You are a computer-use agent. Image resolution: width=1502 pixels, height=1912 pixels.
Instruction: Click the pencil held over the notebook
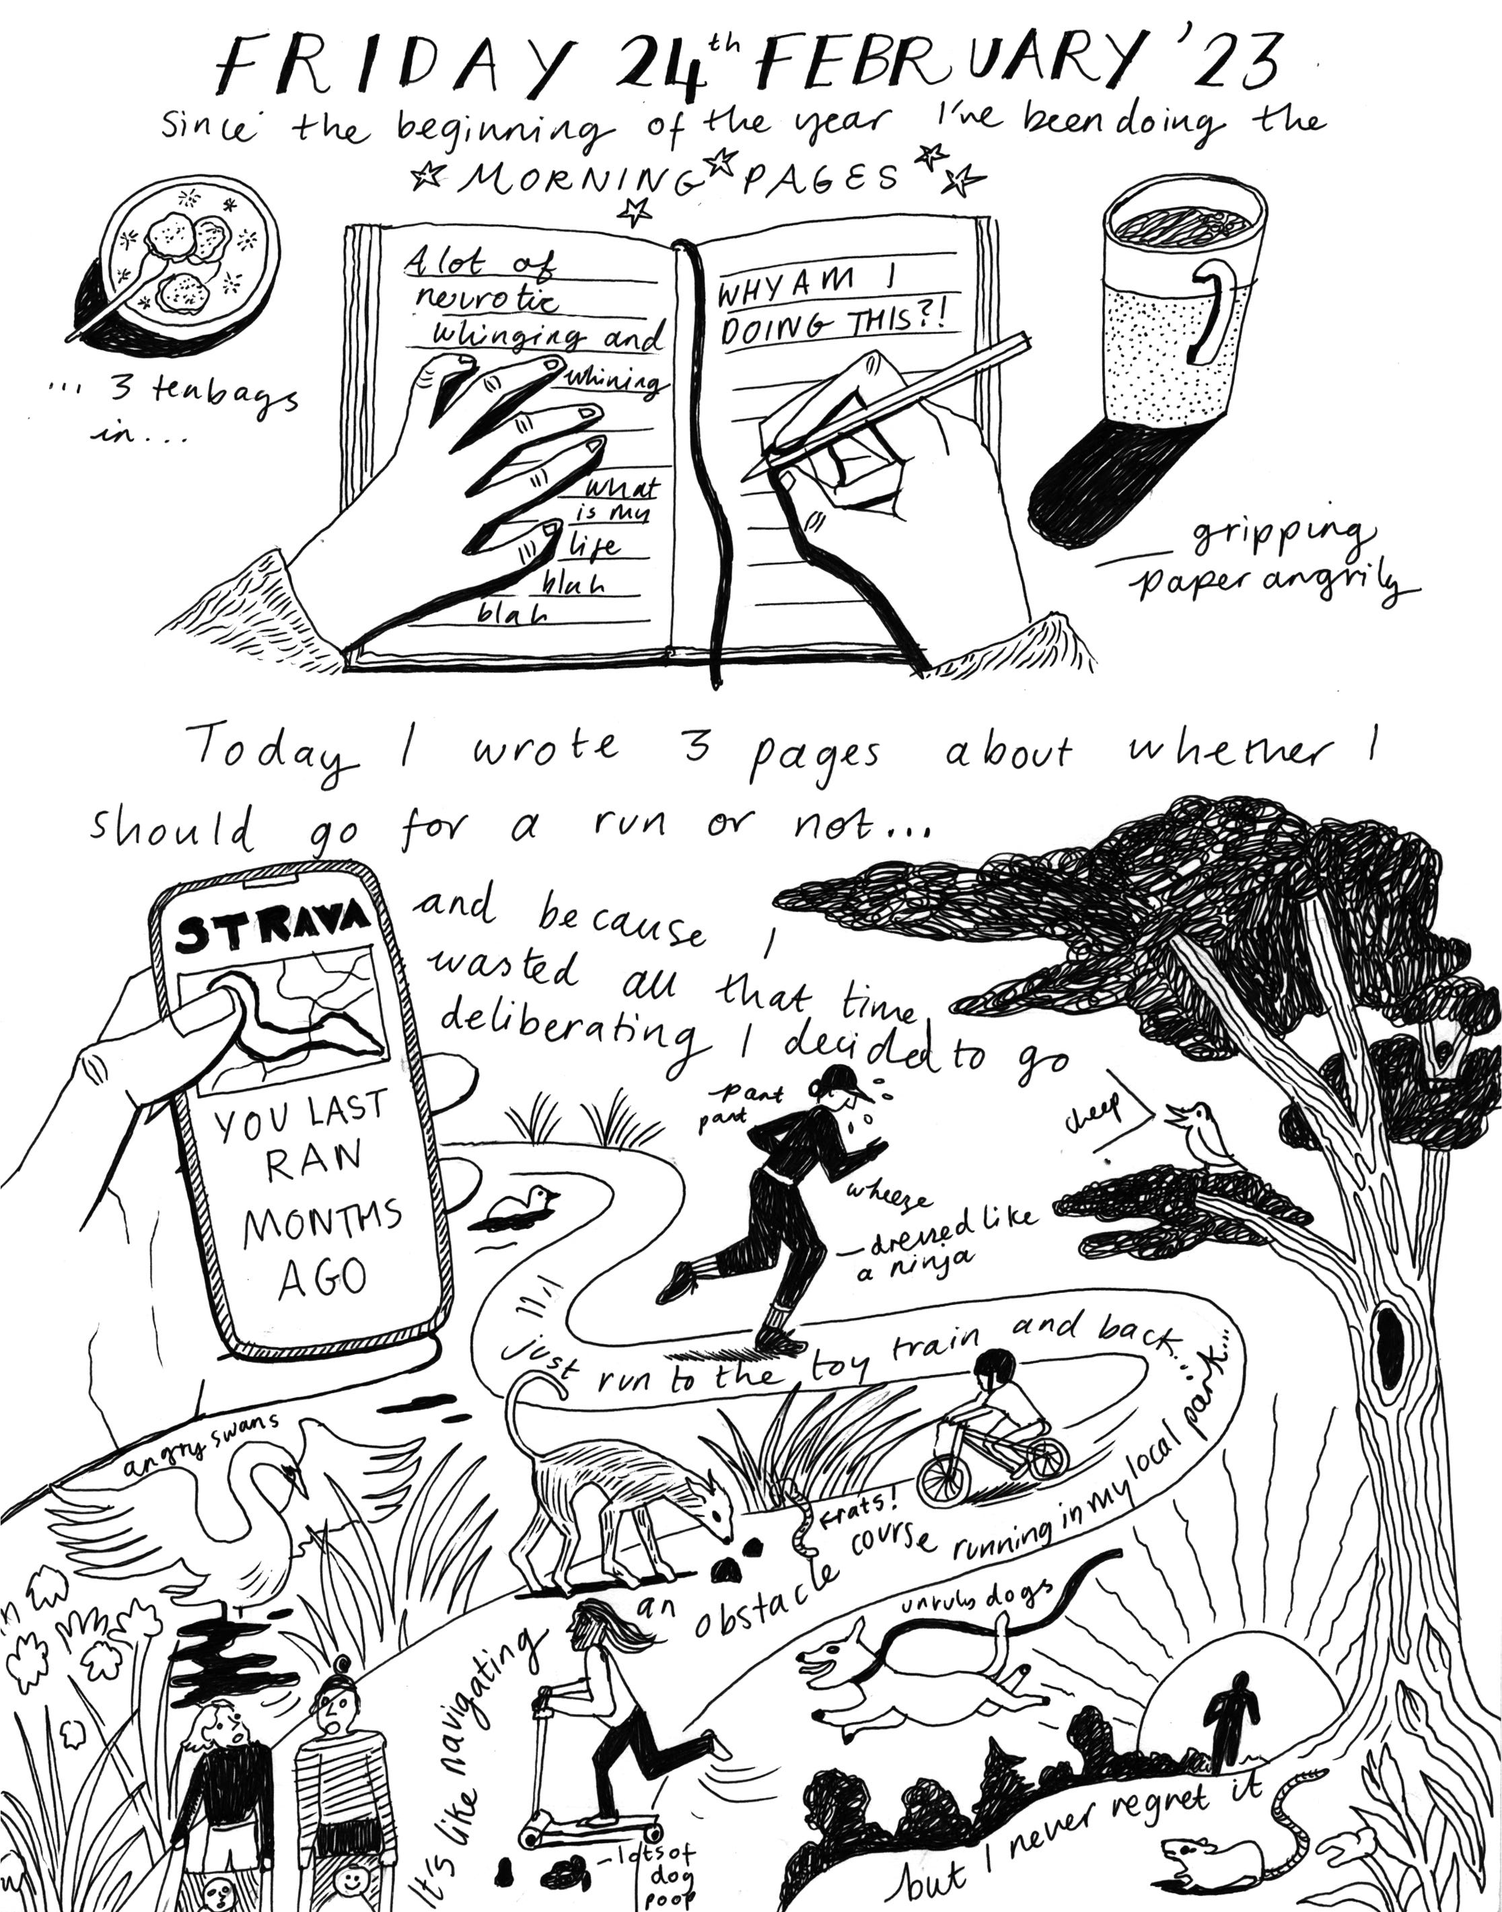point(888,404)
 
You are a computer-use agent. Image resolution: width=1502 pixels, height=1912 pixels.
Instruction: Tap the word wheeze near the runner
point(888,1196)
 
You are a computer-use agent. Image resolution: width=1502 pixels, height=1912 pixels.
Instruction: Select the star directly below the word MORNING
point(635,211)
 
